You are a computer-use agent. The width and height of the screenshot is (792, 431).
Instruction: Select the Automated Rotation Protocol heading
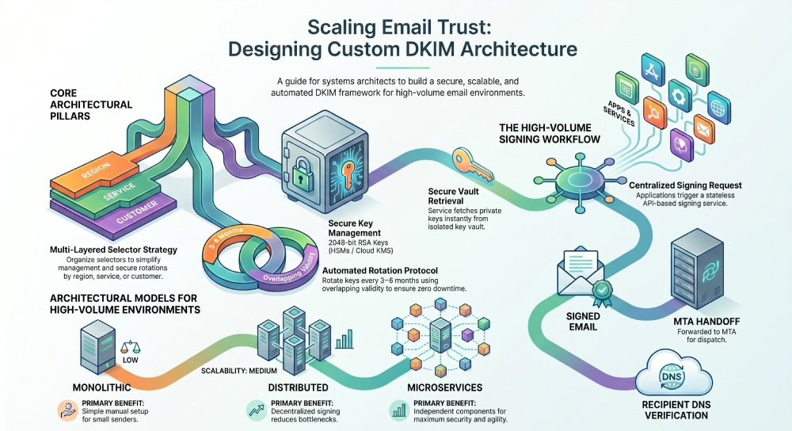(x=392, y=270)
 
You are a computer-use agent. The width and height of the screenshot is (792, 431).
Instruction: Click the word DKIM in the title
(x=448, y=49)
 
